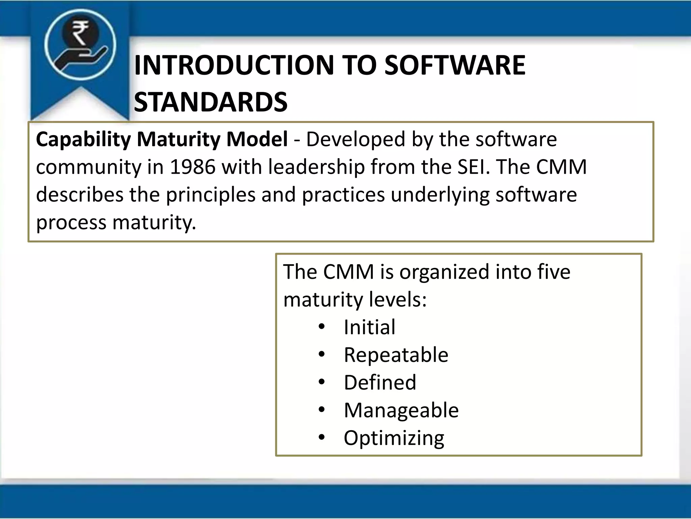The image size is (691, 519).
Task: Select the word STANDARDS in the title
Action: tap(211, 102)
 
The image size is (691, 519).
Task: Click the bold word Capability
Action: tap(83, 140)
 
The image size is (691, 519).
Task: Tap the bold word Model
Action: tap(257, 140)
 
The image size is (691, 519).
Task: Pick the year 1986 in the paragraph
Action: tap(193, 167)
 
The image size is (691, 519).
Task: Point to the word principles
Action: tap(211, 195)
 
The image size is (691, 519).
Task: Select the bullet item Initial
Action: tap(369, 327)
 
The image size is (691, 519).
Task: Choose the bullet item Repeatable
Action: tap(396, 355)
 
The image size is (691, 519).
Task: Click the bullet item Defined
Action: tap(380, 382)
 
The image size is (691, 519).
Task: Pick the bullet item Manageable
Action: tap(401, 411)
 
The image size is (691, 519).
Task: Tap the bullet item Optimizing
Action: tap(394, 438)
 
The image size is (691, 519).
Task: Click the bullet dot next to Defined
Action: tap(322, 382)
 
